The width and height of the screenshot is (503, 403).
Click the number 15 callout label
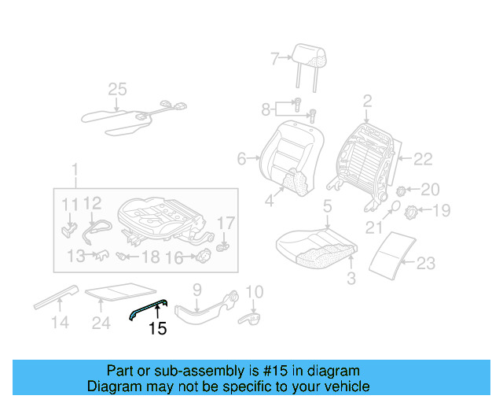coord(158,329)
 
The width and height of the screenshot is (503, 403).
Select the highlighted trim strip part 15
coord(149,309)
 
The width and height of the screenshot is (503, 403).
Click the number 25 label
coord(117,90)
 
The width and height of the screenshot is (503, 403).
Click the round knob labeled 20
coord(400,190)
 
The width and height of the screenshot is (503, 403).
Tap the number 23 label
coord(425,264)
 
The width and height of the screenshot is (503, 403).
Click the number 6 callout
coord(241,159)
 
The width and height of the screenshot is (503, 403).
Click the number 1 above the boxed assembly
coord(75,170)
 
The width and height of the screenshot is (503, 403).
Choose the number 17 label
coord(226,224)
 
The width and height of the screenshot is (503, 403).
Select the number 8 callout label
coord(266,108)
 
